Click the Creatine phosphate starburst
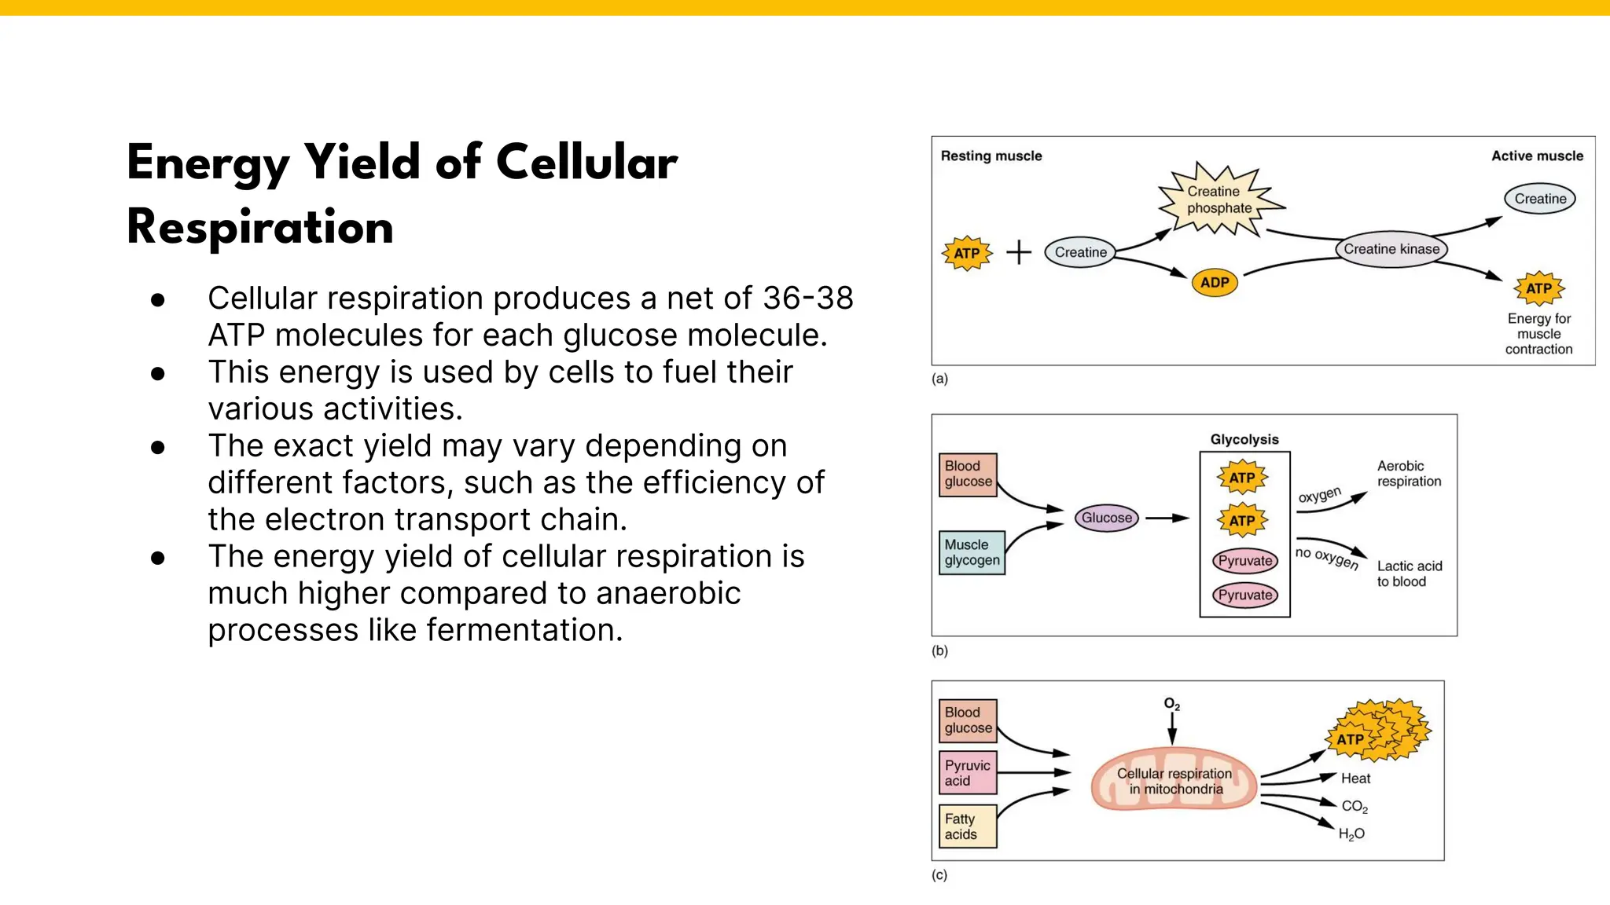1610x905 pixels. pos(1219,200)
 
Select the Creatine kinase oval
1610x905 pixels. pos(1391,249)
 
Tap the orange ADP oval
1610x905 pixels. pos(1215,283)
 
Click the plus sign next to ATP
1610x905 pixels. pos(1019,252)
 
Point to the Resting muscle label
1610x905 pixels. pos(991,156)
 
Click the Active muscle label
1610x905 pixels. pos(1537,156)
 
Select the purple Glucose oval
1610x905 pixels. pos(1106,518)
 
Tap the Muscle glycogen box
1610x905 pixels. pos(972,553)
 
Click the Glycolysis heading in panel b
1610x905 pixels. pos(1244,439)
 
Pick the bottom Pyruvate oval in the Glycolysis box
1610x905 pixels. pos(1244,595)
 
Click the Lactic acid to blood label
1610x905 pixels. pos(1409,573)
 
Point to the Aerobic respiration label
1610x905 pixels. pos(1409,474)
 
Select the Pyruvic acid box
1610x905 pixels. pos(968,773)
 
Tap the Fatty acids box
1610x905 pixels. pos(968,826)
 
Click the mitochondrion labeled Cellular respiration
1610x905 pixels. pos(1174,781)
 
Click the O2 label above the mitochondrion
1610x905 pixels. pos(1171,704)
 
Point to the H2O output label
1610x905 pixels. pos(1351,834)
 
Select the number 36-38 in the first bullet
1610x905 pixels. pos(807,299)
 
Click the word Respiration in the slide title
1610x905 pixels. pos(260,228)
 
